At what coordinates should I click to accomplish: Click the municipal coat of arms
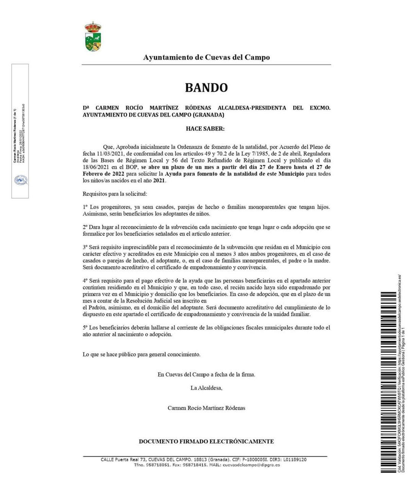point(93,37)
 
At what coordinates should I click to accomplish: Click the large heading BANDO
point(206,88)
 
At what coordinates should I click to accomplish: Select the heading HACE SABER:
point(205,129)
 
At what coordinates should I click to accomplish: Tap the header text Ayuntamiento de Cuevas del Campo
point(206,57)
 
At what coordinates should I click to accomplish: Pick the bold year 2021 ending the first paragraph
point(159,181)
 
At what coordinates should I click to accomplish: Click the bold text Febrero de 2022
point(101,174)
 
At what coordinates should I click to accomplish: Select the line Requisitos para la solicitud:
point(115,194)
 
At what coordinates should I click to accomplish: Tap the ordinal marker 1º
point(85,207)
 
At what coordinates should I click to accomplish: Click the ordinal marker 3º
point(85,247)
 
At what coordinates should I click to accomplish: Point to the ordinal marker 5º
point(85,328)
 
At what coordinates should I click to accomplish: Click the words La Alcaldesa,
point(206,388)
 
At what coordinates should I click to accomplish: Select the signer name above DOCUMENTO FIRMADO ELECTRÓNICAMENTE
point(206,408)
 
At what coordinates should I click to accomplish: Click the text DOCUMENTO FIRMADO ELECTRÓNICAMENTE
point(206,441)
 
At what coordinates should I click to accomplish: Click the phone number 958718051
point(158,465)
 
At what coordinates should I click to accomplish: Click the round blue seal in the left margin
point(20,180)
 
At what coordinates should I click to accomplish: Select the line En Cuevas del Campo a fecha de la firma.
point(206,375)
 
